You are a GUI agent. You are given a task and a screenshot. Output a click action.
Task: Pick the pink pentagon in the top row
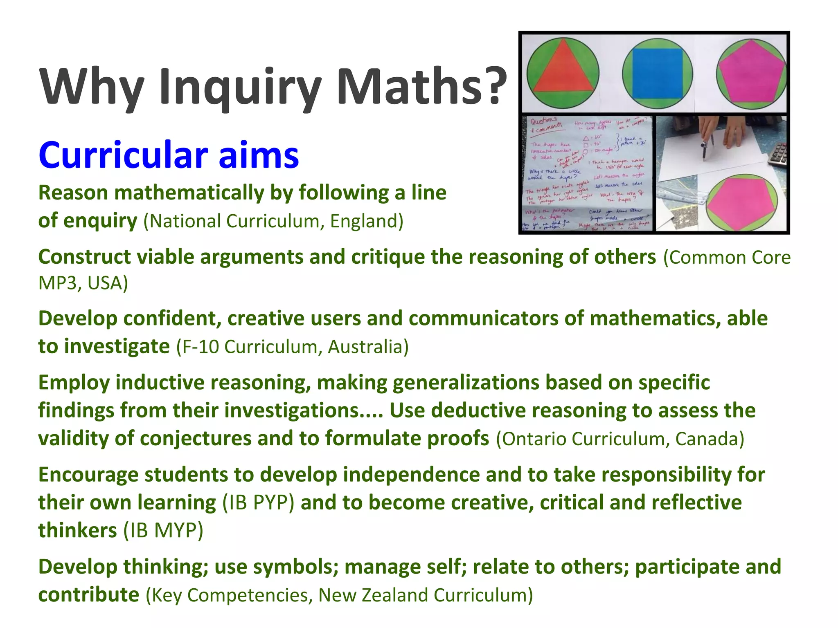click(x=750, y=72)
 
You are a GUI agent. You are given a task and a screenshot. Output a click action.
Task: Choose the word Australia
click(x=368, y=347)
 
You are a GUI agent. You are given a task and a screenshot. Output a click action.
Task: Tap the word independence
click(x=411, y=475)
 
